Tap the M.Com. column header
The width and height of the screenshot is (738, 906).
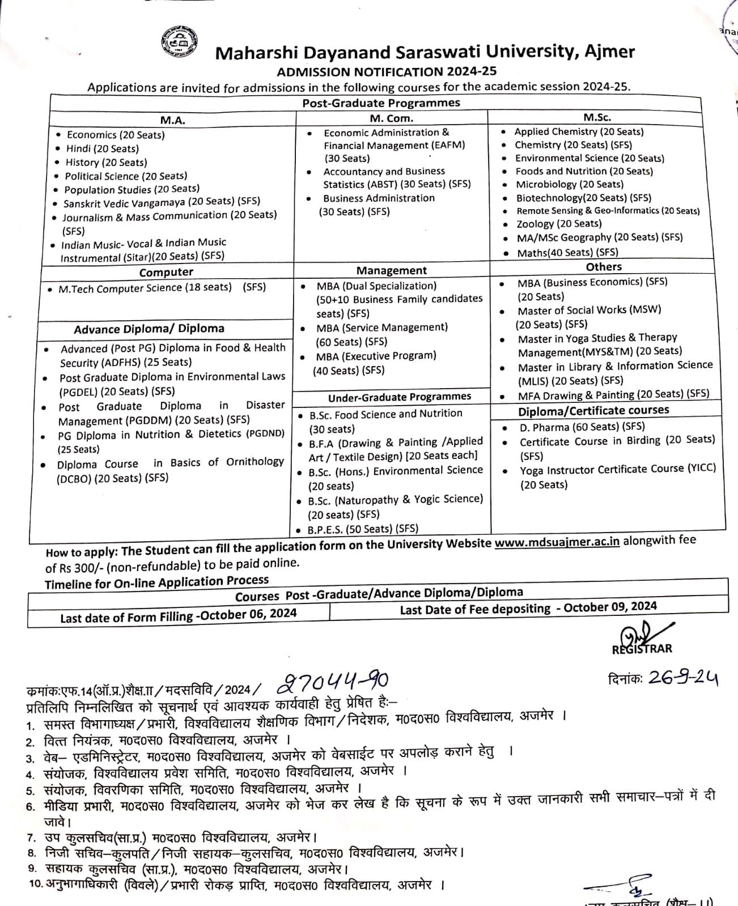pos(391,118)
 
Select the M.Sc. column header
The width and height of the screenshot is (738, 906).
pos(597,117)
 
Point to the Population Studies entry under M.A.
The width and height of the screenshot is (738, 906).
pos(132,189)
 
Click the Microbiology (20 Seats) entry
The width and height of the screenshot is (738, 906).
pos(569,184)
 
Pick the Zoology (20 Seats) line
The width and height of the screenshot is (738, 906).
pos(558,224)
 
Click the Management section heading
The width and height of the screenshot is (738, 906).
pos(391,270)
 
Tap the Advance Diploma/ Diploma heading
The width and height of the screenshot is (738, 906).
pos(149,329)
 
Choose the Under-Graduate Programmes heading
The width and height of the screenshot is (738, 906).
pos(399,397)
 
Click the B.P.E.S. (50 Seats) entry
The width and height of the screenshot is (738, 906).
pos(363,529)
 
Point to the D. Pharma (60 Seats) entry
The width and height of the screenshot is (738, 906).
pos(582,427)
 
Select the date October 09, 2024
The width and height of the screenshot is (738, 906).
pos(610,606)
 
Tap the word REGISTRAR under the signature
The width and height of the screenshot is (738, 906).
pos(642,649)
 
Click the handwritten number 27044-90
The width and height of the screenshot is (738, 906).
pos(333,682)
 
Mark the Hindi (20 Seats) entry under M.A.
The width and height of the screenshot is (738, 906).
pos(102,148)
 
